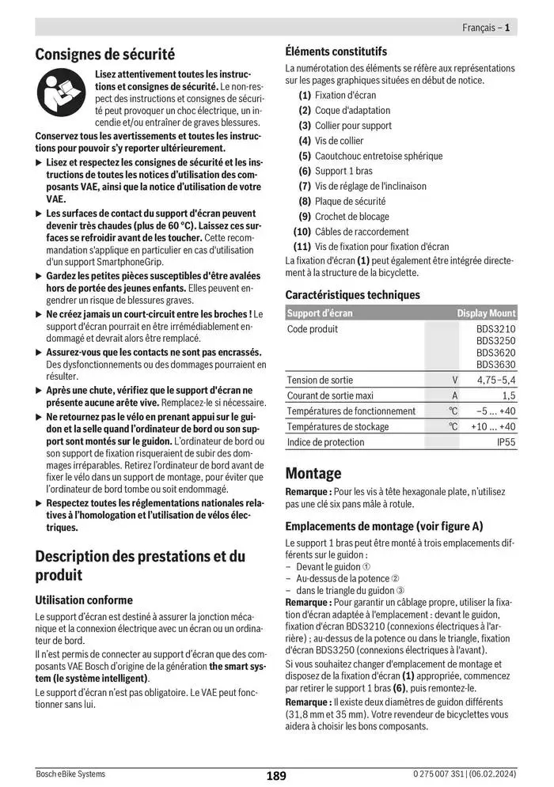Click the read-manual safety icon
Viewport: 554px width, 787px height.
(x=61, y=95)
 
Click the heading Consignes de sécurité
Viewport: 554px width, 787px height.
(x=105, y=55)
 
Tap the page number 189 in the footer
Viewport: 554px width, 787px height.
(x=276, y=776)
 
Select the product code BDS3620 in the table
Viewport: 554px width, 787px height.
(x=495, y=353)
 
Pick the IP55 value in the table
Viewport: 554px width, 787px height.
(x=506, y=442)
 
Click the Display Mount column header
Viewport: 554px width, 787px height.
(x=486, y=313)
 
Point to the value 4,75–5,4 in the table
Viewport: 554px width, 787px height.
(x=496, y=380)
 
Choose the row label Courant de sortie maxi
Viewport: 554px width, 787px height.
(x=330, y=395)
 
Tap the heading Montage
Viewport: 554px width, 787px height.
(x=313, y=473)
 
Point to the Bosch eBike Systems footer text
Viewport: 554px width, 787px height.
(x=70, y=774)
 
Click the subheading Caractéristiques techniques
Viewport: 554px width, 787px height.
(x=352, y=294)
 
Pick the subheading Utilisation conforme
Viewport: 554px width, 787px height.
(x=84, y=600)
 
